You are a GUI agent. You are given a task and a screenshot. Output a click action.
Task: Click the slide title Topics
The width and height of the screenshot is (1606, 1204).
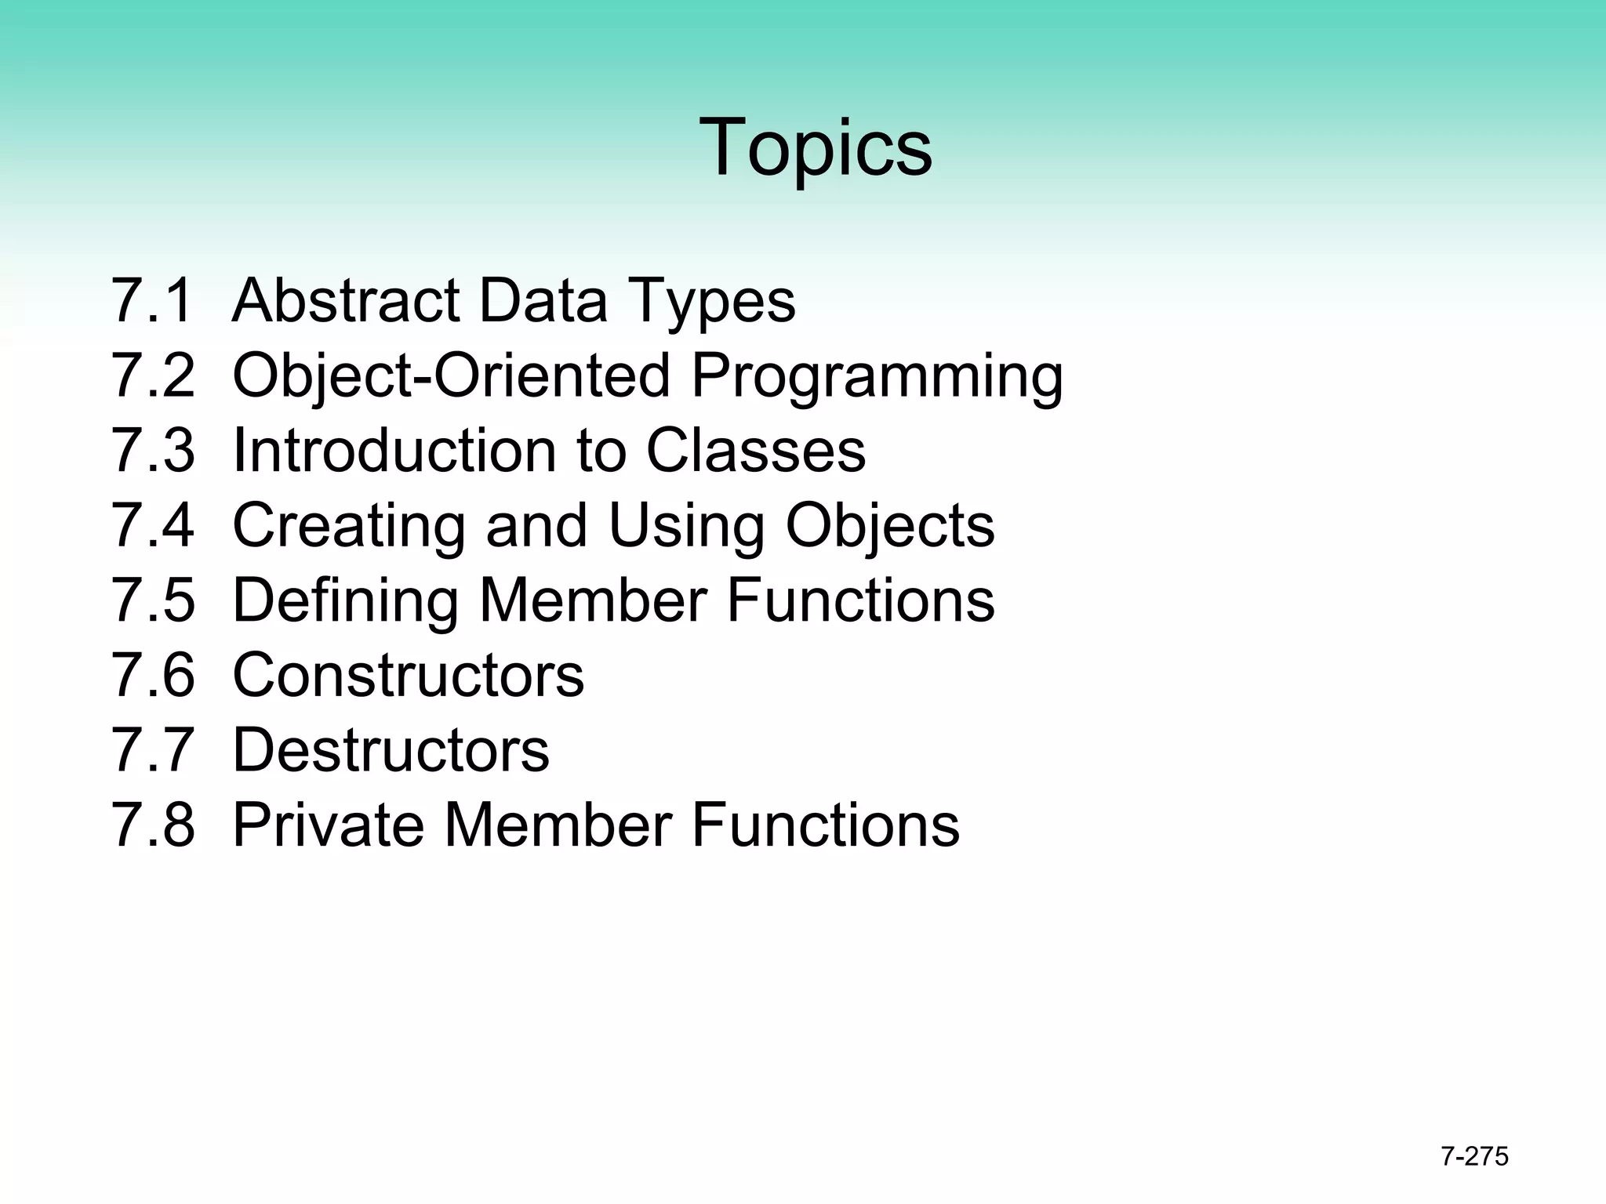(816, 147)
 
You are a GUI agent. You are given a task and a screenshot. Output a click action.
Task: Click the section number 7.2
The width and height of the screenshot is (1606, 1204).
(152, 375)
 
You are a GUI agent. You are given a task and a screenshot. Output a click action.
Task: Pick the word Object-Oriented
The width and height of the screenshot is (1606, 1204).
(452, 376)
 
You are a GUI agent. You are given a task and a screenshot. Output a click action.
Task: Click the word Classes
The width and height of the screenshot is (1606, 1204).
(755, 450)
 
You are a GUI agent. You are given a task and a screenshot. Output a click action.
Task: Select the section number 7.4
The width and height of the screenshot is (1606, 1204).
(152, 525)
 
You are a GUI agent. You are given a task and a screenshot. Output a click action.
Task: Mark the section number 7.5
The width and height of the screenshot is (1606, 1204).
(152, 600)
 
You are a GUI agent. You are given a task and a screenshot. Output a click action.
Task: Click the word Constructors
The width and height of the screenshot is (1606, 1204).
(408, 675)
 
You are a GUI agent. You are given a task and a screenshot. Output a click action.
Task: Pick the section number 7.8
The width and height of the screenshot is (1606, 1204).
(152, 825)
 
